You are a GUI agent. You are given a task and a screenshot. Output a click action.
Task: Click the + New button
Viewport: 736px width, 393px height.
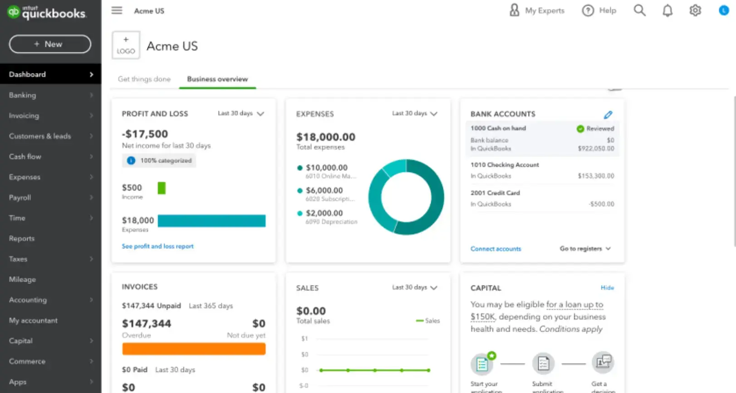tap(50, 44)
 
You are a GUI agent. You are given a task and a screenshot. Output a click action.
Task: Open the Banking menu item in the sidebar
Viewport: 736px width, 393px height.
tap(23, 95)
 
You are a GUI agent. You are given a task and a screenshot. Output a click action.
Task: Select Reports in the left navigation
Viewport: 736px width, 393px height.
tap(22, 238)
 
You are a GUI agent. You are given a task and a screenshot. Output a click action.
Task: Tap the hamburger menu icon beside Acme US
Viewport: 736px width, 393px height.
tap(117, 10)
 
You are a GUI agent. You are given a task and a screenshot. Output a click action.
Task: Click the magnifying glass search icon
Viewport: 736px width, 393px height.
tap(639, 10)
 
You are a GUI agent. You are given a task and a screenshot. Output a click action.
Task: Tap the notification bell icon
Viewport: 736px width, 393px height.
tap(667, 10)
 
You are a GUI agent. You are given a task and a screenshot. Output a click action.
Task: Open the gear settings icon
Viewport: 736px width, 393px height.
tap(695, 10)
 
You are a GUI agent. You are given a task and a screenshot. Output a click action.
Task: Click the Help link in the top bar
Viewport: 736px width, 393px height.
tap(599, 10)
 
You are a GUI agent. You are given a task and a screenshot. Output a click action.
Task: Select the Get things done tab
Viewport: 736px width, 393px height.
tap(144, 79)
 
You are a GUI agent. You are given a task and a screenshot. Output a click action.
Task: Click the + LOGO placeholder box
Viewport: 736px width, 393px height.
tap(126, 45)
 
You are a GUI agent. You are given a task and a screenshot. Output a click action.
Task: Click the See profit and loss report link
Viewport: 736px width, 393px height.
tap(157, 246)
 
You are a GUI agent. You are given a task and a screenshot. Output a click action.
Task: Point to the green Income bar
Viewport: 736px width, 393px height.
tap(162, 188)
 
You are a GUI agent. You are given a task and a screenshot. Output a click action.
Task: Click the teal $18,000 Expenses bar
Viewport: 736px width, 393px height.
tap(211, 221)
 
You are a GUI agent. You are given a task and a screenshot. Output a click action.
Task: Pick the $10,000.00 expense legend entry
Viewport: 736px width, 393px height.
tap(326, 168)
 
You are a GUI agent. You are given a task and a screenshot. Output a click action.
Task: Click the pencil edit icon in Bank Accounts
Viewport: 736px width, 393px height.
tap(608, 115)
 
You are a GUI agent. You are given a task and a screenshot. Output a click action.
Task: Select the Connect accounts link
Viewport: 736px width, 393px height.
tap(496, 249)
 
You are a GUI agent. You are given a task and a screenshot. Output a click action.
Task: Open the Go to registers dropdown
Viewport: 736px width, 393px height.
tap(585, 249)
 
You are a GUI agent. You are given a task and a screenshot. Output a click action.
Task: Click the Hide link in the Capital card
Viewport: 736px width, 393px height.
tap(607, 288)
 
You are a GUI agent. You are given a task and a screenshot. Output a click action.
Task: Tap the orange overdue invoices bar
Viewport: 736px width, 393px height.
tap(194, 349)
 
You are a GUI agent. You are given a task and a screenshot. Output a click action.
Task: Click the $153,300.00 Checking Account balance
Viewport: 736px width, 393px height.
tap(596, 176)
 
